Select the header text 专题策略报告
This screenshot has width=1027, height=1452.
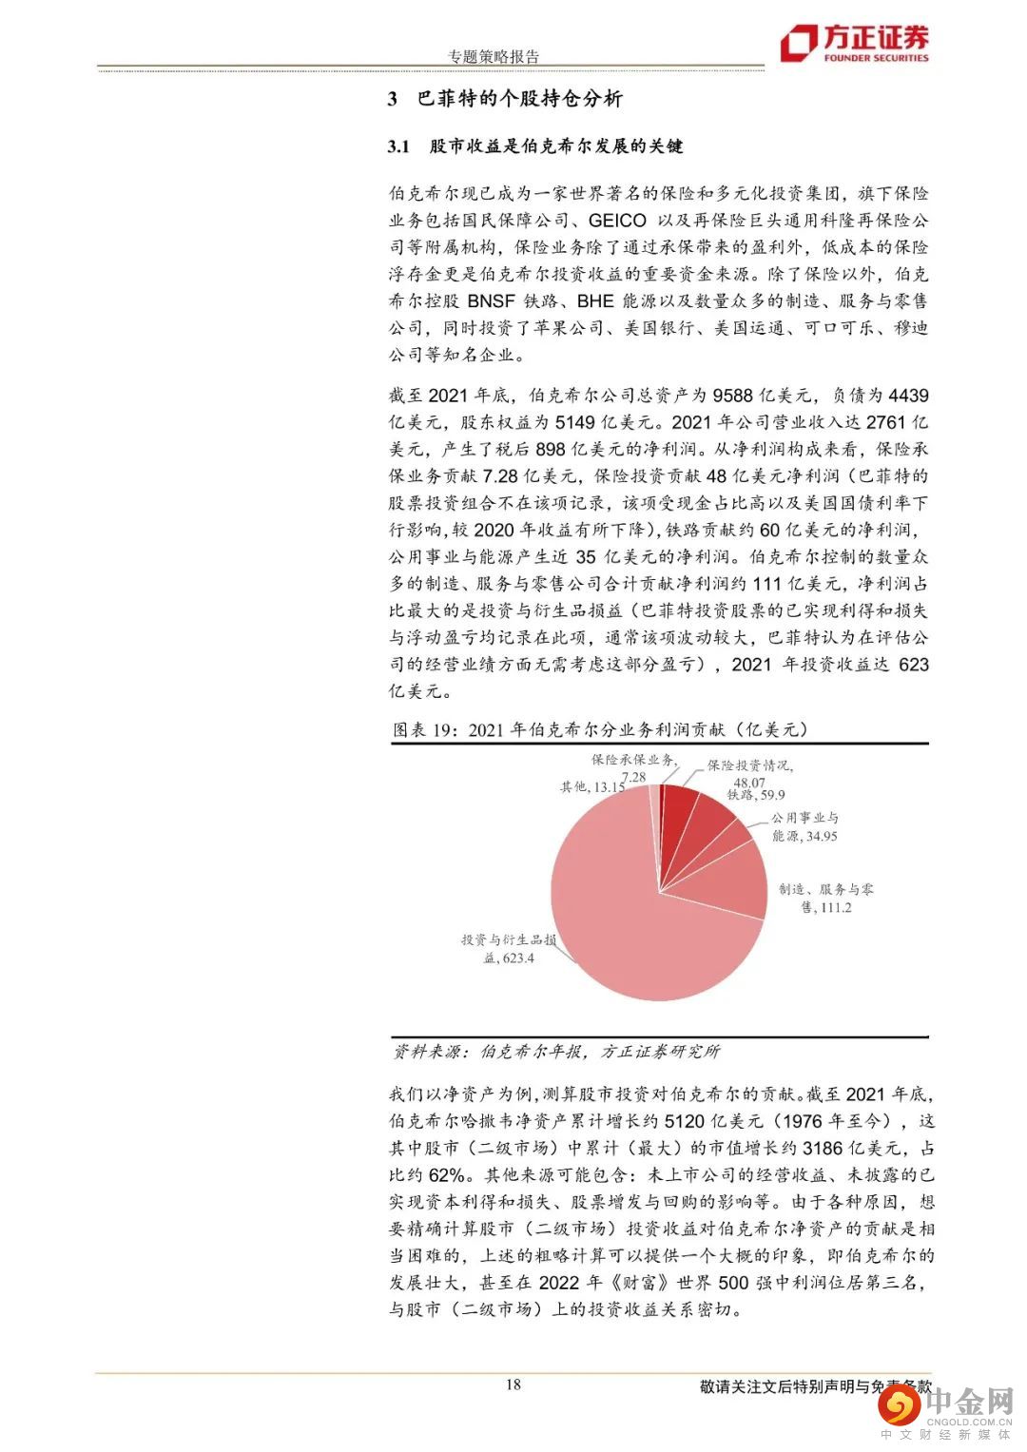tap(494, 56)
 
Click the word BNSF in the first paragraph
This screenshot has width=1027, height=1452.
tap(493, 301)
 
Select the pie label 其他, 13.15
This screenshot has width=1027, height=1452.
tap(591, 786)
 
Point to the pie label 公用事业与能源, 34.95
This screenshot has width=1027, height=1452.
tap(804, 826)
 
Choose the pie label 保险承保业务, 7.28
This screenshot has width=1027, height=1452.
tap(633, 766)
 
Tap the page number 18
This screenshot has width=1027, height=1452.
tap(513, 1384)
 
